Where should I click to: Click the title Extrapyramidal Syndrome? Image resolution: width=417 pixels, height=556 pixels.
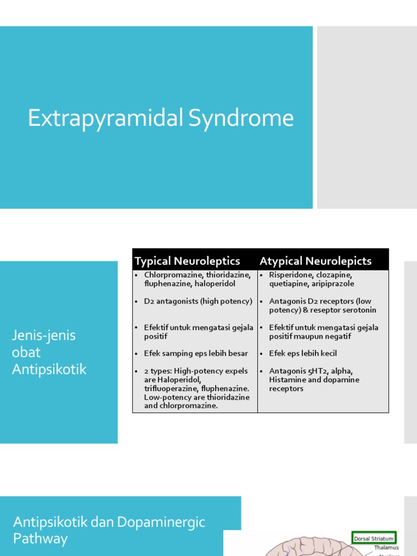coord(161,118)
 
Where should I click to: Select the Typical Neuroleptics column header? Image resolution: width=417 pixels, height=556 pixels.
coord(187,261)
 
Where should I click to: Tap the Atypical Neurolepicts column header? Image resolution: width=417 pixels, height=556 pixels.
coord(315,261)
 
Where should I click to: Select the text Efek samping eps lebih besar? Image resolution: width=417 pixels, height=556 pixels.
coord(196,353)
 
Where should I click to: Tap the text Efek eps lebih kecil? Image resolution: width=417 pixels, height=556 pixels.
coord(303,353)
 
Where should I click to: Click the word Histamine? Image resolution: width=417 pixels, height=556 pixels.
coord(287,380)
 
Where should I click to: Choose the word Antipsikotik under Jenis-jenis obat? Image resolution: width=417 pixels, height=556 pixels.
coord(49,370)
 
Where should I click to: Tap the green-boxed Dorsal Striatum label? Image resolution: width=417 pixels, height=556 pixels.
coord(375,539)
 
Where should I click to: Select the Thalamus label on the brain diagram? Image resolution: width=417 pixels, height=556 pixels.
coord(386,548)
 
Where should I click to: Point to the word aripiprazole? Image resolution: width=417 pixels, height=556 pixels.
coord(333,284)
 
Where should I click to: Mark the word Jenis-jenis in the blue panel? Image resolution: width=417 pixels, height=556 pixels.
coord(44,336)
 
